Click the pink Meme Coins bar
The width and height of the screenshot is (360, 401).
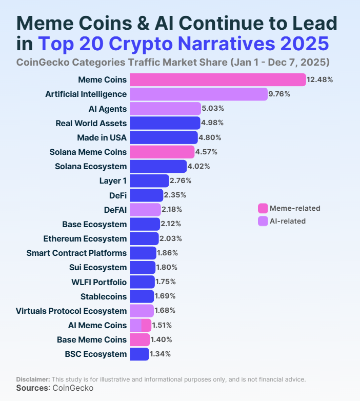(218, 79)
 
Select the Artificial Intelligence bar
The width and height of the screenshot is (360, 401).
(198, 94)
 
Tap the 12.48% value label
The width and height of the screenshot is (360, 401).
(321, 79)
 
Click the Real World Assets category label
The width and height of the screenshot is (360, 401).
(91, 123)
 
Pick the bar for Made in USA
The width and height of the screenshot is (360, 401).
(164, 137)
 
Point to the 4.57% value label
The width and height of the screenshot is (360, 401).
(207, 152)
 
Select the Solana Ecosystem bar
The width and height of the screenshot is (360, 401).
(158, 166)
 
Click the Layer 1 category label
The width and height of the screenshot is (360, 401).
(113, 181)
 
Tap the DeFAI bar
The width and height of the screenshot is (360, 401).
(145, 209)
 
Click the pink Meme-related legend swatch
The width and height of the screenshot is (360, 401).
(263, 208)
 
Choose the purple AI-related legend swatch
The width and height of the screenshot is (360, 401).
(263, 221)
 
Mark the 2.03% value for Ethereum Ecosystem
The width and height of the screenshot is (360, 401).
(171, 238)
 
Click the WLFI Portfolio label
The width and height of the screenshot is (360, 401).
(99, 282)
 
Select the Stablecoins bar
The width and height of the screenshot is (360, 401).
(142, 296)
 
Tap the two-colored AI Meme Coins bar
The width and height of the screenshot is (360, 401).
(141, 325)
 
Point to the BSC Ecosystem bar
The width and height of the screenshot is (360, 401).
(139, 354)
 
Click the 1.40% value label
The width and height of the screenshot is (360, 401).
(162, 339)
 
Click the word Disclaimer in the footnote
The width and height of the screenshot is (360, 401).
(33, 379)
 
